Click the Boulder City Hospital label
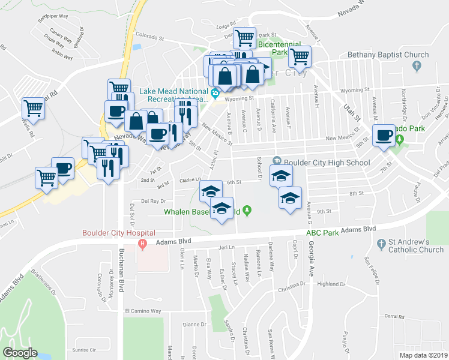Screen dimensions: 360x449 pos(118,233)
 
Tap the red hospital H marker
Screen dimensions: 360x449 pos(142,243)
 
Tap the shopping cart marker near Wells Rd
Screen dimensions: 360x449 pos(33,109)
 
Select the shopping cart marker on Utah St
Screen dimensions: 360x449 pos(300,57)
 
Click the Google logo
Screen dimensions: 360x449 pos(20,352)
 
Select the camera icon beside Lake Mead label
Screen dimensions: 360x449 pos(214,93)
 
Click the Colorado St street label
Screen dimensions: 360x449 pos(149,37)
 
